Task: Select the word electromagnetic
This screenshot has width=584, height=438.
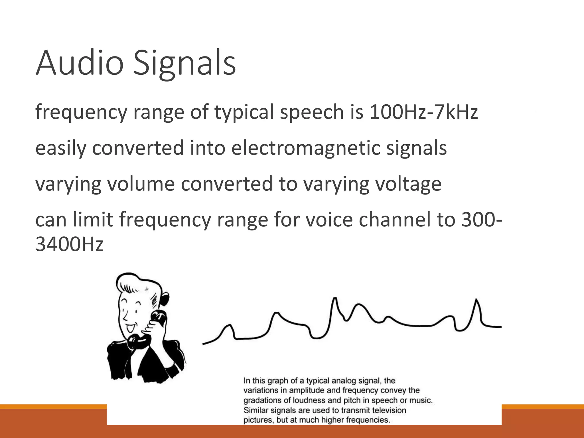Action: [x=306, y=148]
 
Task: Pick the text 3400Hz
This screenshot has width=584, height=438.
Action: [x=69, y=244]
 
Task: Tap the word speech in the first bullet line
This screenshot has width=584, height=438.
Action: [x=312, y=112]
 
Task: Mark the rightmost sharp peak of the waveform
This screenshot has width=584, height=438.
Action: [x=476, y=300]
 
